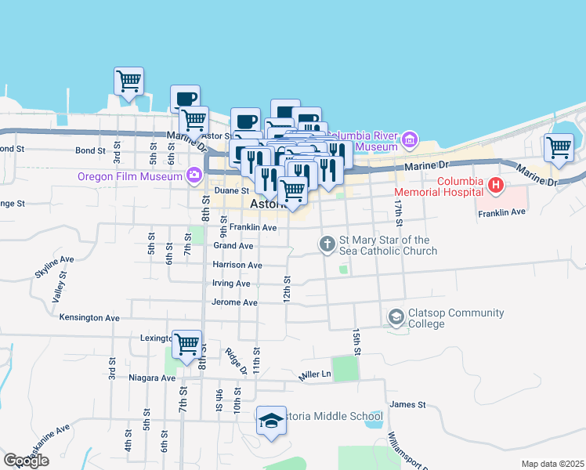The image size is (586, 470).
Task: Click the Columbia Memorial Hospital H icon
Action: click(495, 186)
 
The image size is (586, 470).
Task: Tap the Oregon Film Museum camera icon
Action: click(194, 175)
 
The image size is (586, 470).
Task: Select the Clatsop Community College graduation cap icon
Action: click(396, 317)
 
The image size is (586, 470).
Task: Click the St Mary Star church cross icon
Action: click(327, 245)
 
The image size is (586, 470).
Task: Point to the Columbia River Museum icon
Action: click(408, 140)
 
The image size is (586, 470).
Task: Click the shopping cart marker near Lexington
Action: click(186, 343)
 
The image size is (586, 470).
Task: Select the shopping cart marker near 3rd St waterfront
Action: click(128, 80)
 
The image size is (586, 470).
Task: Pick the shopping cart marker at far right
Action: click(559, 146)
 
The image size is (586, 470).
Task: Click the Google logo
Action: click(26, 461)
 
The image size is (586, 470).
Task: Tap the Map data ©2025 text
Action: click(552, 464)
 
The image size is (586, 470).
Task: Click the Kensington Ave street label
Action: click(89, 318)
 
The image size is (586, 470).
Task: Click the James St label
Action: click(407, 405)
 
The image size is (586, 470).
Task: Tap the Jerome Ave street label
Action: click(234, 302)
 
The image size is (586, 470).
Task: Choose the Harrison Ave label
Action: click(237, 266)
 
